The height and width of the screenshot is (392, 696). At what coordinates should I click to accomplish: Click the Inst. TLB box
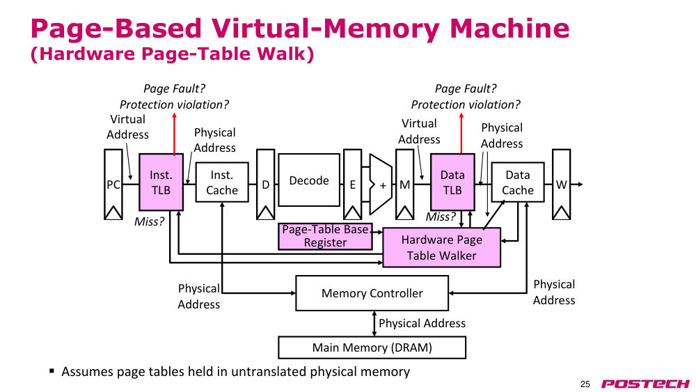tap(161, 182)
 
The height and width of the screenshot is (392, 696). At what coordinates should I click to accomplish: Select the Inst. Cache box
tap(222, 182)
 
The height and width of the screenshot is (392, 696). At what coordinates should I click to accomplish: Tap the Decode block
tap(309, 180)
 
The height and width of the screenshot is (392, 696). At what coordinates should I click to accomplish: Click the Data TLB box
tap(452, 182)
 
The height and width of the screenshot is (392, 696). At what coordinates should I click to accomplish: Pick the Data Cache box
tap(518, 182)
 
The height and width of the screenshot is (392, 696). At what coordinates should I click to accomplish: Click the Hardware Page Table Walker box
tap(442, 247)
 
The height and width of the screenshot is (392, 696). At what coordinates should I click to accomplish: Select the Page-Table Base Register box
tap(325, 236)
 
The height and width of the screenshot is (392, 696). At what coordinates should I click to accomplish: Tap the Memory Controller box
tap(372, 293)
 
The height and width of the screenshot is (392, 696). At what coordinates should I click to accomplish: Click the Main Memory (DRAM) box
tap(372, 347)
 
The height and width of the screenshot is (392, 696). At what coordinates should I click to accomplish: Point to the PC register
tap(113, 185)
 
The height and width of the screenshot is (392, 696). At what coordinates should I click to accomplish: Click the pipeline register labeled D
tap(265, 185)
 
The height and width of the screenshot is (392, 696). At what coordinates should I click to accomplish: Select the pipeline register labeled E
tap(352, 185)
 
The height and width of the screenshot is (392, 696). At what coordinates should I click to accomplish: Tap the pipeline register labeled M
tap(404, 185)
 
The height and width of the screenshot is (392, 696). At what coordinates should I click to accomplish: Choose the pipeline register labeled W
tap(561, 185)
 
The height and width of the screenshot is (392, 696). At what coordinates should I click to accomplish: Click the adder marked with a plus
tap(381, 185)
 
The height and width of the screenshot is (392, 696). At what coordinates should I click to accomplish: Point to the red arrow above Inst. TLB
tap(175, 134)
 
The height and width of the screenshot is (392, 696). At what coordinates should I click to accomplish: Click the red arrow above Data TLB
tap(461, 133)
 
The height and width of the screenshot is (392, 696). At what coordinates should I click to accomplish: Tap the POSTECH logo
tap(645, 384)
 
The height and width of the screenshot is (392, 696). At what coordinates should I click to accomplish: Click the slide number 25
tap(585, 384)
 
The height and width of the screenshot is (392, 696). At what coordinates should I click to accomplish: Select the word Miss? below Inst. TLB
tap(149, 221)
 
